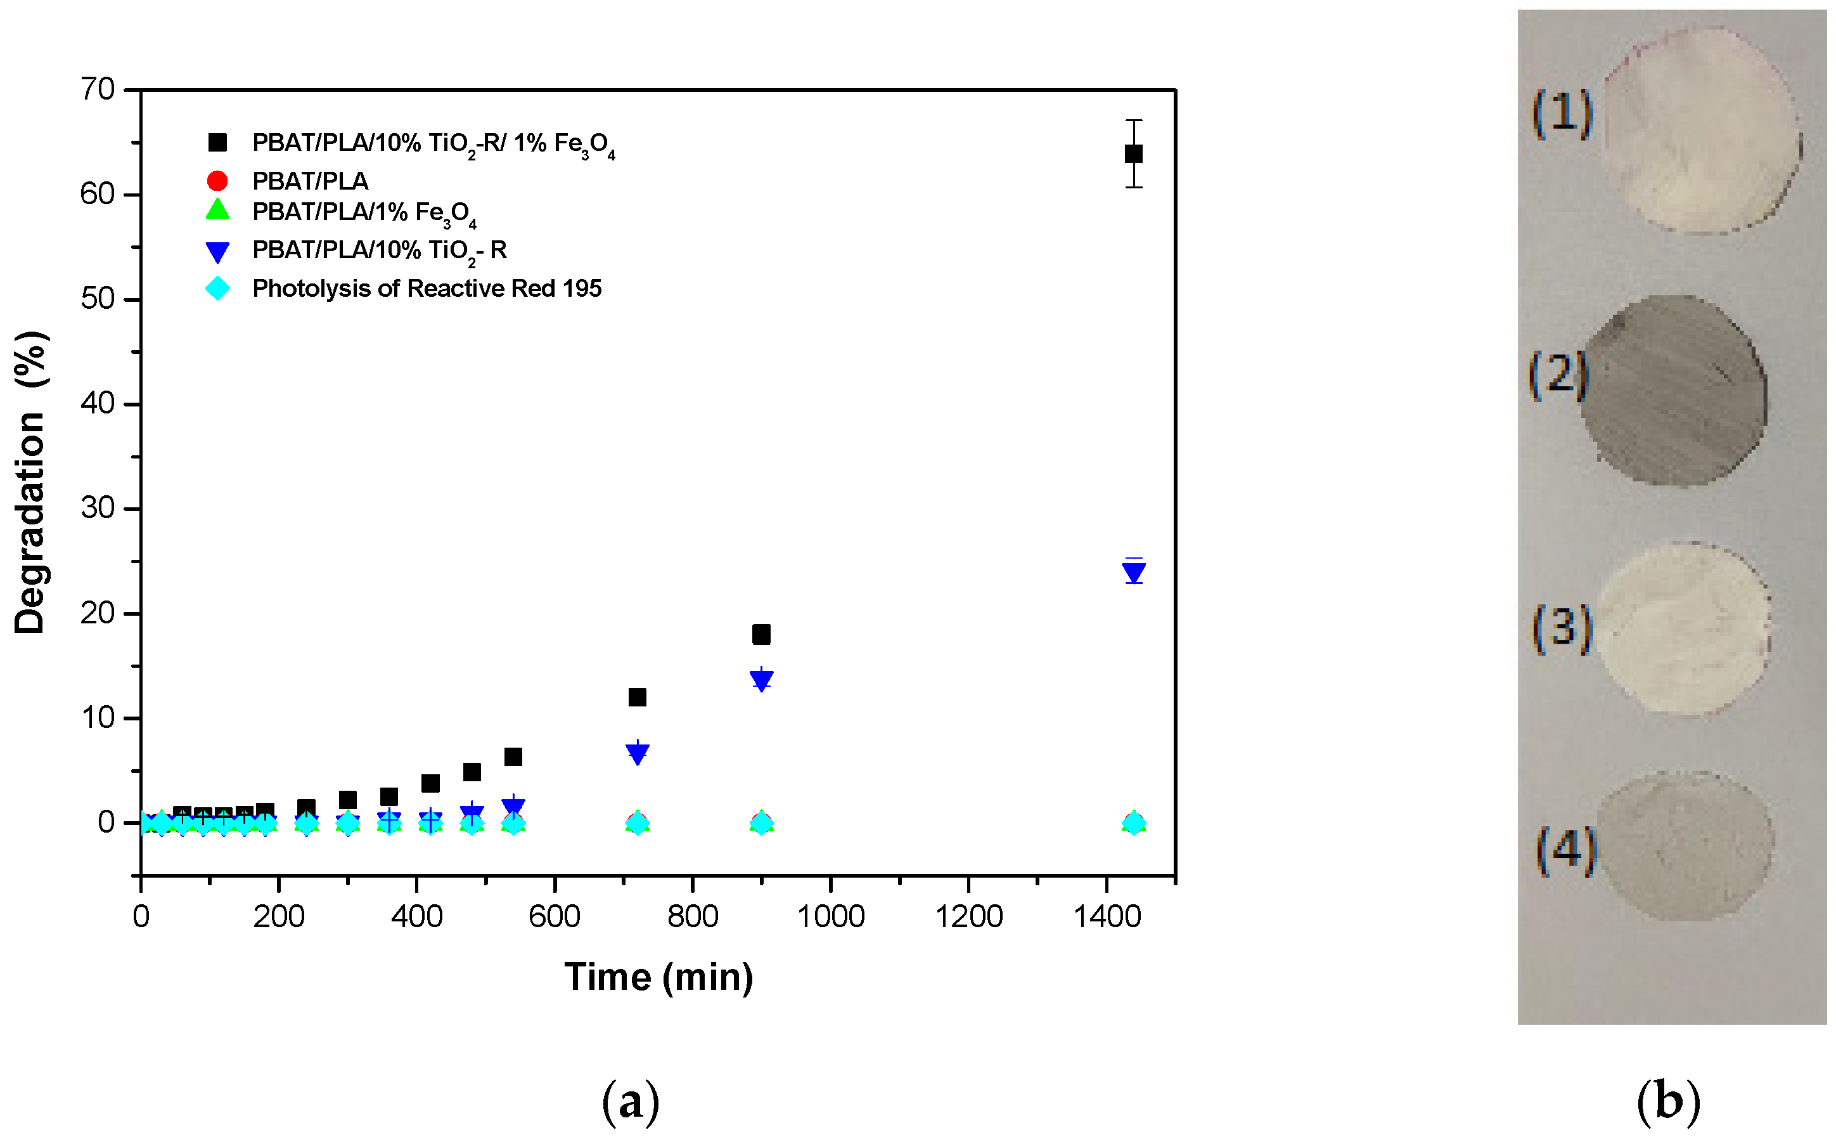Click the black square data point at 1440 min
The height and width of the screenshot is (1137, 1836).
(x=1133, y=154)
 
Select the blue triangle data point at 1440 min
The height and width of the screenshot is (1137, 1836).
(x=1133, y=574)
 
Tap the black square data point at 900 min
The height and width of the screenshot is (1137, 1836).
(x=761, y=634)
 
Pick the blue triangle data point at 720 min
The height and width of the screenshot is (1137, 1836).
(x=636, y=753)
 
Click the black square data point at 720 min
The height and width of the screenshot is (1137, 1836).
(x=636, y=697)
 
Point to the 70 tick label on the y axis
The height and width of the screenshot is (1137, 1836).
(x=98, y=89)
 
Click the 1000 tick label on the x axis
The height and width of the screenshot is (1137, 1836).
(x=830, y=917)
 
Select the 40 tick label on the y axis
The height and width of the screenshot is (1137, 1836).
(x=98, y=404)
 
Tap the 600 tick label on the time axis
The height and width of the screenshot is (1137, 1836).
(x=554, y=917)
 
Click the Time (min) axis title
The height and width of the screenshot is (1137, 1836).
(x=658, y=978)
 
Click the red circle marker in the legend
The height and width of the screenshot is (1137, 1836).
(x=217, y=181)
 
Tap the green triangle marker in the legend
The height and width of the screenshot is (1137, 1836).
(x=217, y=210)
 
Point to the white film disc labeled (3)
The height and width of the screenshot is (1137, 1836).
(x=1682, y=628)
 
